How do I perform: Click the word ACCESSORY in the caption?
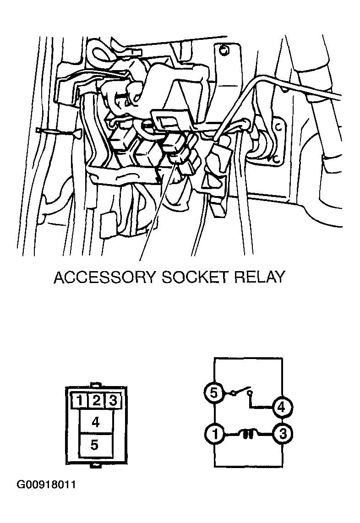105,277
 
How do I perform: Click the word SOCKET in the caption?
195,277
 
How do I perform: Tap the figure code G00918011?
46,485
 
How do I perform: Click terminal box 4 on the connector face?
96,422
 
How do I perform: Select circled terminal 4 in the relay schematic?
282,407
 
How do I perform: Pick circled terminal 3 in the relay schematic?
283,434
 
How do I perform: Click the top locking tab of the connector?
96,385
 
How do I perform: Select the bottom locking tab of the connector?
96,465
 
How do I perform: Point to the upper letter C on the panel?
280,127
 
